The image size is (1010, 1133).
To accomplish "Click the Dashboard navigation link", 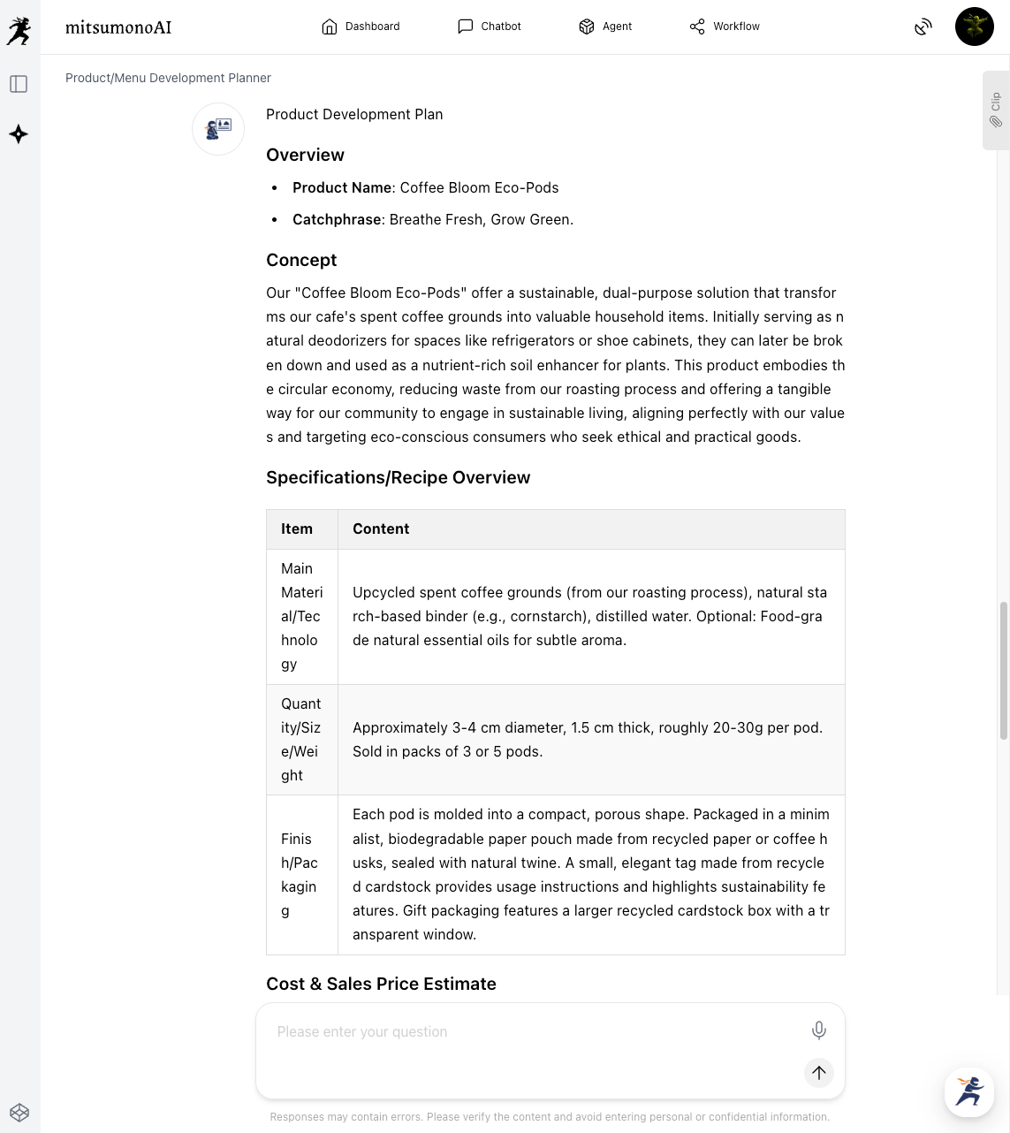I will point(361,27).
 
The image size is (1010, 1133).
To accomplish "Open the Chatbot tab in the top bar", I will point(490,27).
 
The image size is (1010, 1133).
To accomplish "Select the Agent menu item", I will point(605,27).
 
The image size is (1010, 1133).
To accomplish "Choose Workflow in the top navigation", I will point(725,27).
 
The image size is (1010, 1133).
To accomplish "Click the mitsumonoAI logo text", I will point(118,27).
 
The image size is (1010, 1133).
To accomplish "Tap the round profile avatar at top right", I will point(974,27).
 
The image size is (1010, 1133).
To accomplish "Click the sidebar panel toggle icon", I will point(19,84).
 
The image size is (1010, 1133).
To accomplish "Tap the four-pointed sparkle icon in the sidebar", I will point(19,134).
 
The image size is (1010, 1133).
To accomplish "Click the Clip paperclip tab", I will point(996,110).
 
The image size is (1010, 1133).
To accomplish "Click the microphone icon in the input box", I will point(819,1030).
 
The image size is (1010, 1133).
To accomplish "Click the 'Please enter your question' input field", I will point(530,1031).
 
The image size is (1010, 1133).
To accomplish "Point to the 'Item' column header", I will point(297,528).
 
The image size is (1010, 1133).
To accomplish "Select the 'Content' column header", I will point(381,528).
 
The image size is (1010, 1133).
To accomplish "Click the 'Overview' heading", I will point(305,155).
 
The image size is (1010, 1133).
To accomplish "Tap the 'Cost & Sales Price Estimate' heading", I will point(381,984).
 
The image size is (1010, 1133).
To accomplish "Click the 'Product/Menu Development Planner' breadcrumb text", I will point(168,78).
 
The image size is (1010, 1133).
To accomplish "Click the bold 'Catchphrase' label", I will point(337,219).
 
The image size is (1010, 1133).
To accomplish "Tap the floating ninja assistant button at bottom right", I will point(968,1091).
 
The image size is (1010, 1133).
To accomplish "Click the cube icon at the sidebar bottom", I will point(19,1113).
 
